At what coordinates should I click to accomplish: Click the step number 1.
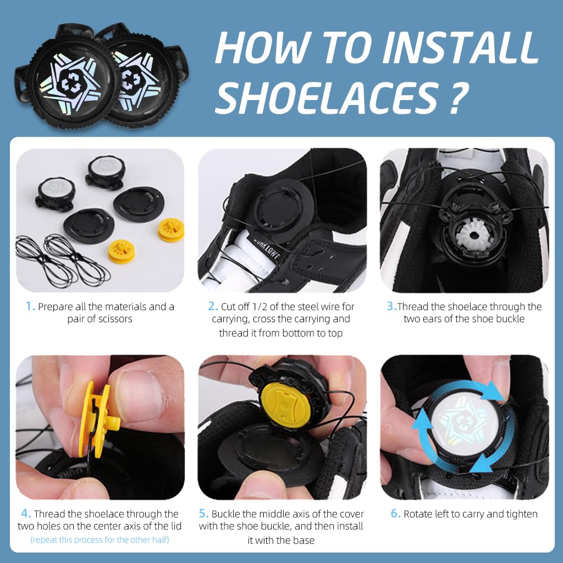pyautogui.click(x=30, y=307)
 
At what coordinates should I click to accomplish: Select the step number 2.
pyautogui.click(x=213, y=307)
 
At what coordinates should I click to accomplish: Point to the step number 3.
pyautogui.click(x=391, y=307)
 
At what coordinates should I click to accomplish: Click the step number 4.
pyautogui.click(x=25, y=514)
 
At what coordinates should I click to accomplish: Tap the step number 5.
pyautogui.click(x=203, y=514)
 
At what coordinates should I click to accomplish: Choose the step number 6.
pyautogui.click(x=395, y=514)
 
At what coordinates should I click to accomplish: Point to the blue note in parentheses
pyautogui.click(x=100, y=540)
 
